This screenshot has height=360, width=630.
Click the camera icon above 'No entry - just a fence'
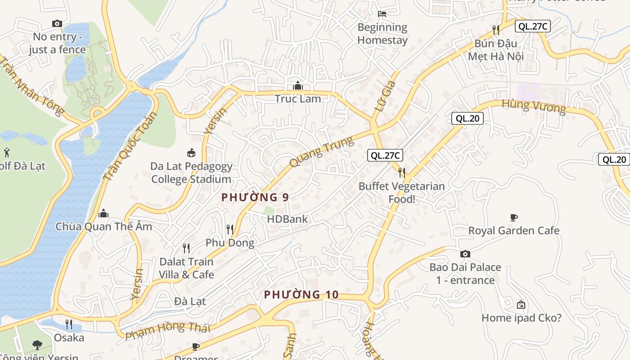click(x=57, y=23)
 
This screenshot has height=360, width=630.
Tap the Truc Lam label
click(x=297, y=99)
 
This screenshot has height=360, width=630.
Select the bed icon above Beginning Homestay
click(x=382, y=14)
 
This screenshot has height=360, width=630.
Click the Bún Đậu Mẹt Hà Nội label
click(x=495, y=50)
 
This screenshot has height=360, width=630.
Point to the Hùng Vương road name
click(x=533, y=107)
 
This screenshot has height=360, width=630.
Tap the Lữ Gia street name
click(x=386, y=96)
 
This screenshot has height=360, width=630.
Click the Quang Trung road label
click(x=321, y=153)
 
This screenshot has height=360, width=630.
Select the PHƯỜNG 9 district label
click(x=255, y=197)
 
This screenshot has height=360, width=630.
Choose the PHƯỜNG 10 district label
click(x=301, y=295)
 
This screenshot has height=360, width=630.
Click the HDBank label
click(x=287, y=219)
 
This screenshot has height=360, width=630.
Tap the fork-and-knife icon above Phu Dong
click(x=229, y=229)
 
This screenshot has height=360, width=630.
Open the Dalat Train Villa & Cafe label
click(x=186, y=268)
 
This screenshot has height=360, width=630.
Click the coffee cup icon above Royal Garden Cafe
click(x=513, y=218)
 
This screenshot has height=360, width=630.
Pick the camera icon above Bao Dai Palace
click(x=465, y=254)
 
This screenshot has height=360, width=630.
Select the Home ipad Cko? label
click(x=521, y=318)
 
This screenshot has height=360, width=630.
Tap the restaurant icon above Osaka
click(x=69, y=324)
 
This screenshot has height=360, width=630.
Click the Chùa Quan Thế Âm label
click(x=103, y=226)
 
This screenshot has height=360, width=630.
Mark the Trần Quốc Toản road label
click(x=130, y=146)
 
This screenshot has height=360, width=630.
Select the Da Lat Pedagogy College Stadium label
click(x=191, y=172)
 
